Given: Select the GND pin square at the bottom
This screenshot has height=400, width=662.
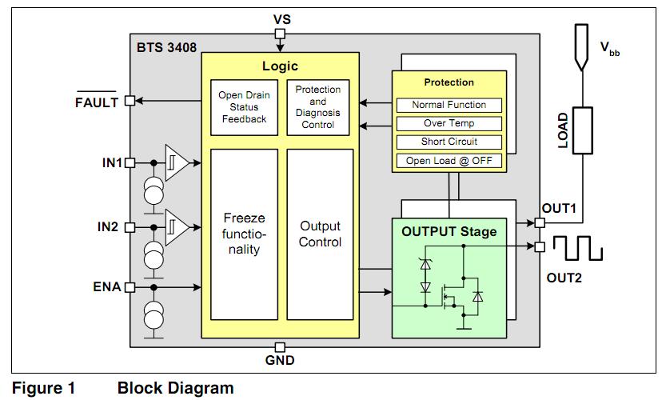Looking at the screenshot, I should click(280, 347).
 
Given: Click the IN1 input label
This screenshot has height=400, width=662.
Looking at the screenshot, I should click(111, 163).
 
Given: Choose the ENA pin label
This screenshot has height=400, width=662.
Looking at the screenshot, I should click(106, 286).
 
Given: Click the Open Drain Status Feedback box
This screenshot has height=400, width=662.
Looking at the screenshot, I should click(244, 107).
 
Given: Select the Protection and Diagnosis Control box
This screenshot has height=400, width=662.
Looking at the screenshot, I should click(317, 107).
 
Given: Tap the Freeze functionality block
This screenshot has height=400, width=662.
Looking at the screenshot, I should click(244, 233).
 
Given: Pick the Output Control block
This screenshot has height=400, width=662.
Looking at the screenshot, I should click(320, 233).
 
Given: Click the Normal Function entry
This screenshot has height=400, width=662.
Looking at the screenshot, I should click(449, 105).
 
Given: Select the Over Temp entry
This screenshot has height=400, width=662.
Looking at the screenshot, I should click(449, 123).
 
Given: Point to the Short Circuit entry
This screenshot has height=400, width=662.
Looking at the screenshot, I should click(449, 142).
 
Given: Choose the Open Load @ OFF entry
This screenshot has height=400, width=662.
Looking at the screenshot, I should click(449, 160).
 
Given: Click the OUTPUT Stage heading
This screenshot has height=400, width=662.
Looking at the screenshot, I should click(449, 232).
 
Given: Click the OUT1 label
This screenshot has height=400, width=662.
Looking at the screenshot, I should click(560, 209).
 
